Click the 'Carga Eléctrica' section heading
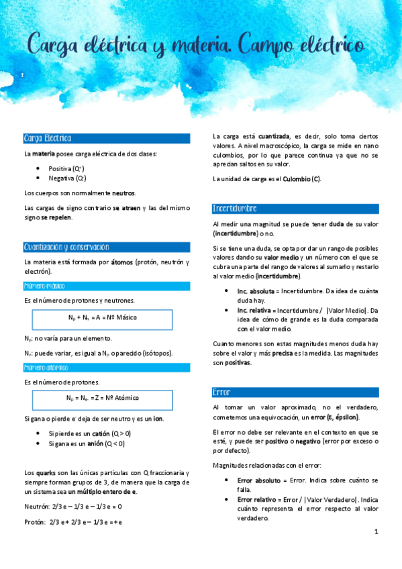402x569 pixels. [48, 138]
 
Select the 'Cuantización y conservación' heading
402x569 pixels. [66, 247]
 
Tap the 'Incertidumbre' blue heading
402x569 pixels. [234, 208]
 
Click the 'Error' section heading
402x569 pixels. [221, 392]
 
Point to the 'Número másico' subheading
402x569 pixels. [44, 286]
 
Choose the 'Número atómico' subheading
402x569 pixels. [46, 368]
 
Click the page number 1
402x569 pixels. [376, 532]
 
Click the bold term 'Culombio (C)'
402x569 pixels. [301, 179]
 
